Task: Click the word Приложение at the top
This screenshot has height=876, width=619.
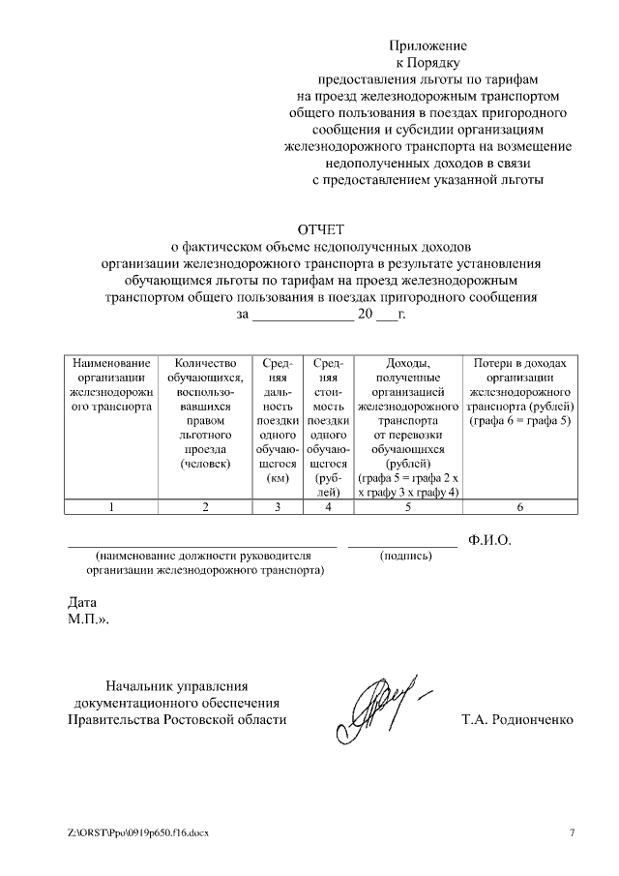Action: coord(427,45)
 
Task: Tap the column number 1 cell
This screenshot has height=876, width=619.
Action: coord(111,506)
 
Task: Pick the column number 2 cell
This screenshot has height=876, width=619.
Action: coord(205,506)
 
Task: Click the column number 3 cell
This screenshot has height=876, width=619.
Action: coord(278,506)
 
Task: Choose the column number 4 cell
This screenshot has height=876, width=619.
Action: coord(329,506)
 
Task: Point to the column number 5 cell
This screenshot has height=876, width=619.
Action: coord(408,506)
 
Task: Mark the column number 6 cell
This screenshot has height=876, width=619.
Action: coord(520,506)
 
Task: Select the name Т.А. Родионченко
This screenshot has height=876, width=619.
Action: coord(519,720)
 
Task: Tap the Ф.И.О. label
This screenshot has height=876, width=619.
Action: coord(488,540)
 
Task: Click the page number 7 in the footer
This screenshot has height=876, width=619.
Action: coord(571,833)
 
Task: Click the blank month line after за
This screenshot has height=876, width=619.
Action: coord(303,315)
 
